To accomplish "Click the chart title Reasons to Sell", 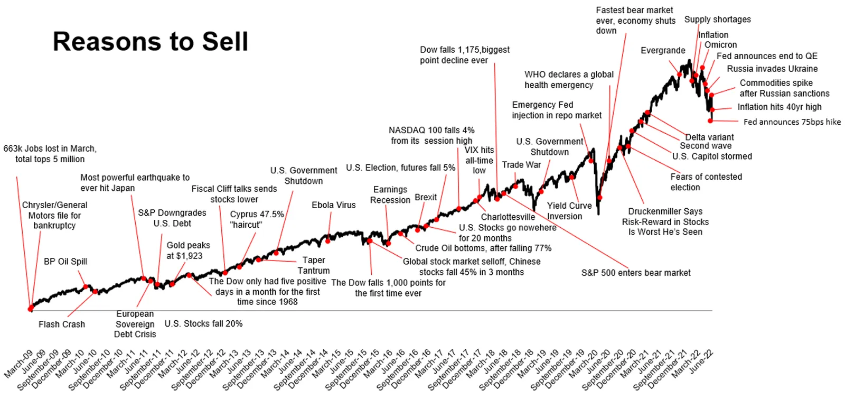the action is click(150, 41).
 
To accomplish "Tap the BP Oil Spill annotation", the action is click(65, 262).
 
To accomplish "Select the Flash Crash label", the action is click(62, 324).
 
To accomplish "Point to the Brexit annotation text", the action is click(426, 197).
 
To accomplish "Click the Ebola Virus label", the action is click(333, 205).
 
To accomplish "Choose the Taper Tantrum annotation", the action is click(314, 265).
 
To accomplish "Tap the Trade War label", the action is click(521, 165).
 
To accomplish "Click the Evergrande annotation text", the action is click(663, 50).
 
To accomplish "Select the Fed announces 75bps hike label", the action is click(792, 122).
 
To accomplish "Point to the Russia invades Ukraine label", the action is click(772, 69).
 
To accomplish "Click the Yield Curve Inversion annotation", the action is click(569, 211).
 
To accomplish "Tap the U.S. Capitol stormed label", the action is click(712, 156).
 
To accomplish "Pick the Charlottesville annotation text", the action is click(508, 217).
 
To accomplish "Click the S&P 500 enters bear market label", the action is click(636, 273).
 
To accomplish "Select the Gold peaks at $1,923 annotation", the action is click(188, 250).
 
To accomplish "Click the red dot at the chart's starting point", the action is click(31, 309).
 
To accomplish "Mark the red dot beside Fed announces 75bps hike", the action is click(710, 121).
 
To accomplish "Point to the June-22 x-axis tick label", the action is click(701, 361).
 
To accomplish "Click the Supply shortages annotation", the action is click(718, 20).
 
